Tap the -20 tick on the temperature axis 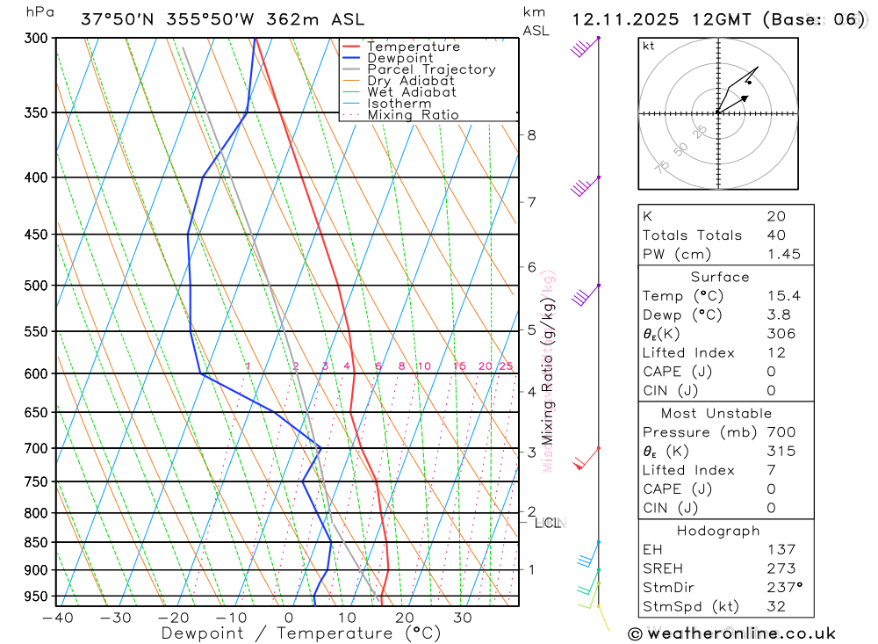[x=173, y=618]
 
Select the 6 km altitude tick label [x=532, y=266]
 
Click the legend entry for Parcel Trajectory [x=431, y=69]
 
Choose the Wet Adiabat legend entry [x=412, y=92]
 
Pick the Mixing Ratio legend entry [x=413, y=115]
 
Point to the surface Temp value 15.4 [x=783, y=296]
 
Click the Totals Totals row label [x=692, y=235]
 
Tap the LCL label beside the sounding [x=547, y=524]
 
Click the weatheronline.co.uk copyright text [x=732, y=633]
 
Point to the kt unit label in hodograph [x=649, y=46]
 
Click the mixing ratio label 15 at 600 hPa [x=459, y=366]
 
